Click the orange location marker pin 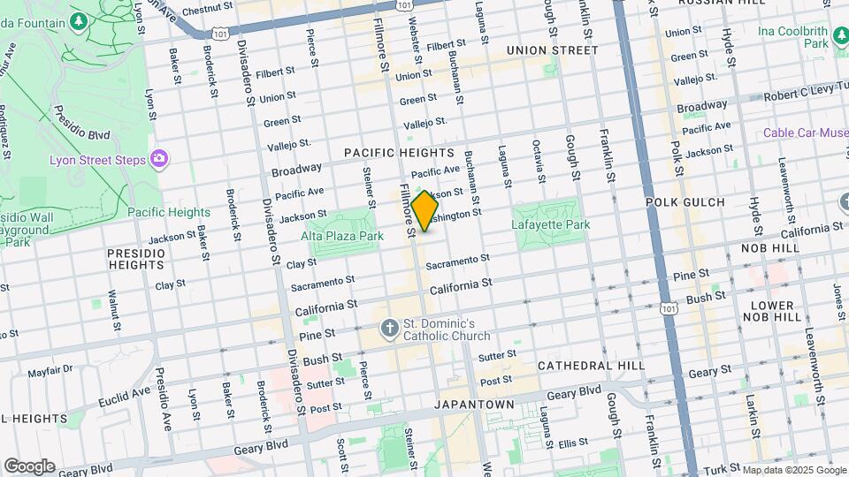(x=424, y=211)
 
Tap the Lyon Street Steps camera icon (x=159, y=158)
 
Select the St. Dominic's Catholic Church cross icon (x=389, y=329)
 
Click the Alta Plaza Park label (x=341, y=236)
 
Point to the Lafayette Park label (x=550, y=224)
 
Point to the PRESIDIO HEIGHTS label (x=136, y=259)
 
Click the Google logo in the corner (x=29, y=466)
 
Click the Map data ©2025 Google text (x=793, y=470)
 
